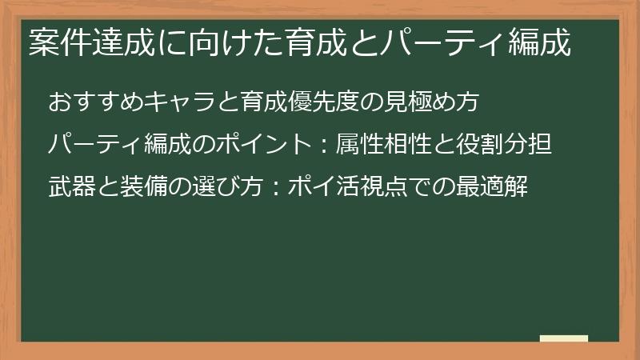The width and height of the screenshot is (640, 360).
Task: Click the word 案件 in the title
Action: pyautogui.click(x=56, y=44)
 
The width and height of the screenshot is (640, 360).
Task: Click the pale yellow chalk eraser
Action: pyautogui.click(x=563, y=338)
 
